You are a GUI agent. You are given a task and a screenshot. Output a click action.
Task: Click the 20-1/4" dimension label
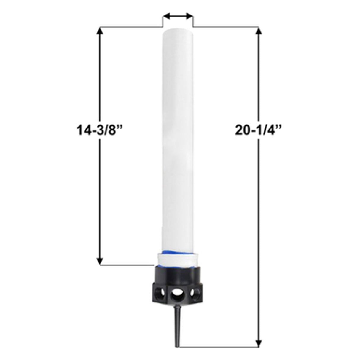(258, 130)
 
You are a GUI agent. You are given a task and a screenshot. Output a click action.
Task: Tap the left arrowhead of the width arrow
(166, 17)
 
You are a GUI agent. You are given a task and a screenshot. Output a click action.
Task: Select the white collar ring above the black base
(178, 260)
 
